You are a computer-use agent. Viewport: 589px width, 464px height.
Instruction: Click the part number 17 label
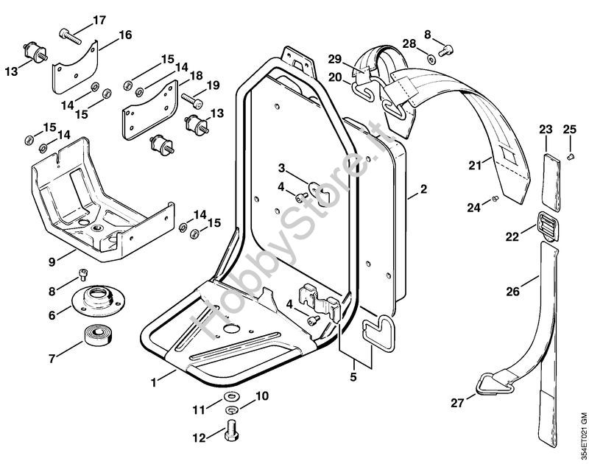[99, 20]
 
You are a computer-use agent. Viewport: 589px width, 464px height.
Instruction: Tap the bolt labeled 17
[68, 34]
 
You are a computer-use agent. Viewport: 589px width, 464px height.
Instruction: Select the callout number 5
[354, 377]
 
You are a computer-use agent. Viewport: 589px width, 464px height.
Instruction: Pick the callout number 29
[335, 58]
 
